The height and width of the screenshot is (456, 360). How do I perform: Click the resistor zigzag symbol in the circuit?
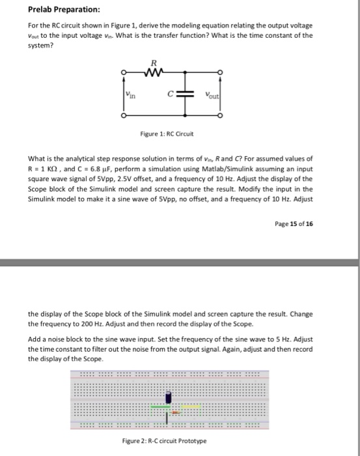click(154, 73)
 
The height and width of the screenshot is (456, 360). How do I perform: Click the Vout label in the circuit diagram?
click(212, 94)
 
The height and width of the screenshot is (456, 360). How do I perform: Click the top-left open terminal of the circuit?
click(124, 73)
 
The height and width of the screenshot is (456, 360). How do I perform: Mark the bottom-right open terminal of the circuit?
click(221, 117)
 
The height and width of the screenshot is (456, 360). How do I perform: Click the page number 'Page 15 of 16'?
click(294, 223)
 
